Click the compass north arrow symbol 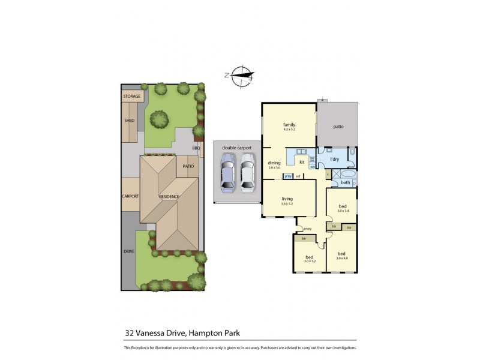242,74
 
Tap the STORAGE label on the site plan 131,97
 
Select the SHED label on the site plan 129,121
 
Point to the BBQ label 196,148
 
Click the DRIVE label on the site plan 129,251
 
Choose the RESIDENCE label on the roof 169,196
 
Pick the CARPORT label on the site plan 130,196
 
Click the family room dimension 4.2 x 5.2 290,130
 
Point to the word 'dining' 274,163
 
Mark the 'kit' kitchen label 302,162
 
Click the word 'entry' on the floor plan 308,229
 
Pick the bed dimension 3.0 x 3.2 310,261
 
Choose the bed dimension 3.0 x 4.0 343,258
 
